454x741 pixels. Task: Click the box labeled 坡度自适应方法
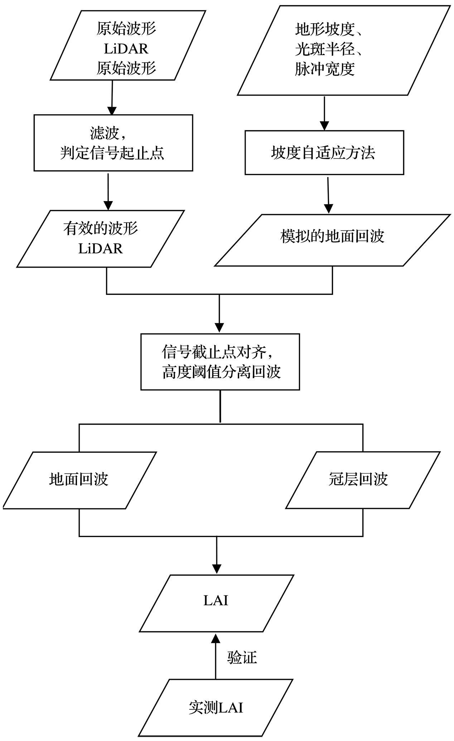point(324,152)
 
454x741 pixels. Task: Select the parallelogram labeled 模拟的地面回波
point(332,240)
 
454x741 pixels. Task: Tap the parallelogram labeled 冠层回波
point(363,480)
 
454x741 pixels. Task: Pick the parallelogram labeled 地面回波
point(79,480)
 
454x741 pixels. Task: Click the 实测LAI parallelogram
point(216,707)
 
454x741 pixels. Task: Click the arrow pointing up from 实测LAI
point(216,655)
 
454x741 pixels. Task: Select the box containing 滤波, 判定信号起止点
point(113,143)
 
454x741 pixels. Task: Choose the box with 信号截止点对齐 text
point(220,362)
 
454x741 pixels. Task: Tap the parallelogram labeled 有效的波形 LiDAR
point(101,239)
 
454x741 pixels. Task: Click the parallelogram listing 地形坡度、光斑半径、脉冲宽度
point(344,50)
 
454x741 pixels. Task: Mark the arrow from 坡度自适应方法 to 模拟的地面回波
point(328,194)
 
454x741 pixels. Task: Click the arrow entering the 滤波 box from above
point(112,97)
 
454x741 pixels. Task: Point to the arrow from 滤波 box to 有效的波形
point(108,191)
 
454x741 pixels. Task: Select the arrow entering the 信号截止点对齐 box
point(219,314)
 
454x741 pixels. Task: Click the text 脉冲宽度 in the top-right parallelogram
point(325,69)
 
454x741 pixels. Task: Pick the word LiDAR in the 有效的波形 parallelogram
point(101,249)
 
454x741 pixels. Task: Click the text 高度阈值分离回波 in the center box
point(221,372)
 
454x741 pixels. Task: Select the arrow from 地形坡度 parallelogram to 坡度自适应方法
point(324,113)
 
